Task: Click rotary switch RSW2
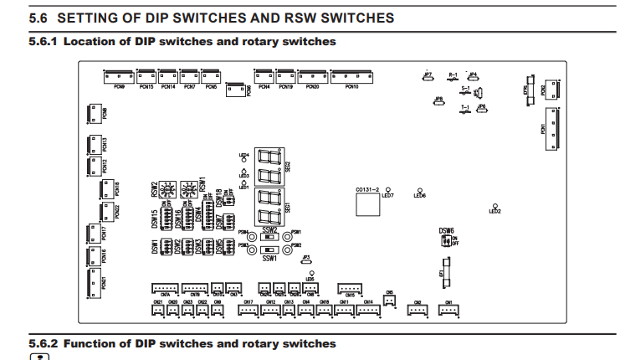click(167, 188)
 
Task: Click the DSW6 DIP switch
click(444, 241)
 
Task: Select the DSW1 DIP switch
click(167, 247)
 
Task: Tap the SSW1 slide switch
click(270, 249)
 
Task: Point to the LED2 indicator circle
click(496, 206)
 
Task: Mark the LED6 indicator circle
click(420, 189)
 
